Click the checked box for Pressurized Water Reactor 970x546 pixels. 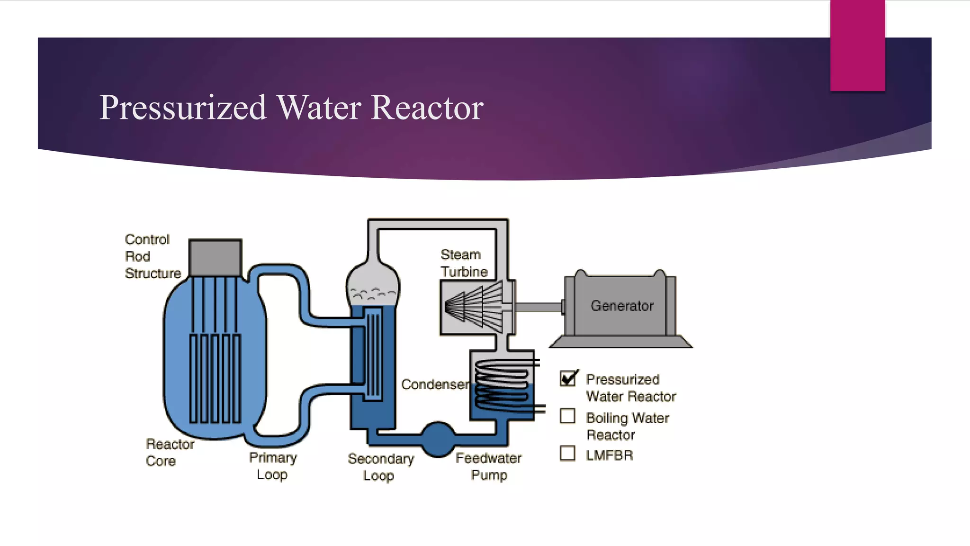pos(567,378)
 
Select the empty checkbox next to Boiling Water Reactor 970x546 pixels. pos(567,416)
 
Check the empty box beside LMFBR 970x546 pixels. pos(567,454)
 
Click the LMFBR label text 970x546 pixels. pos(609,455)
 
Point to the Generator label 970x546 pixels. pos(622,306)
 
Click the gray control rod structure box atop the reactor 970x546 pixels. pos(216,257)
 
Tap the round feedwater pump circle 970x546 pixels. pos(438,439)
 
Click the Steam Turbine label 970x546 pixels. pos(463,263)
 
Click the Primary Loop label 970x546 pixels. pos(273,466)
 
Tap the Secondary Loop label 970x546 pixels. pos(380,467)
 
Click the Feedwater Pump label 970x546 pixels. pos(488,466)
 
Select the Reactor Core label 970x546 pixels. pos(169,453)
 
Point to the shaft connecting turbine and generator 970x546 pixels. pos(538,307)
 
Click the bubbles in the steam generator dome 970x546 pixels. pos(372,294)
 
